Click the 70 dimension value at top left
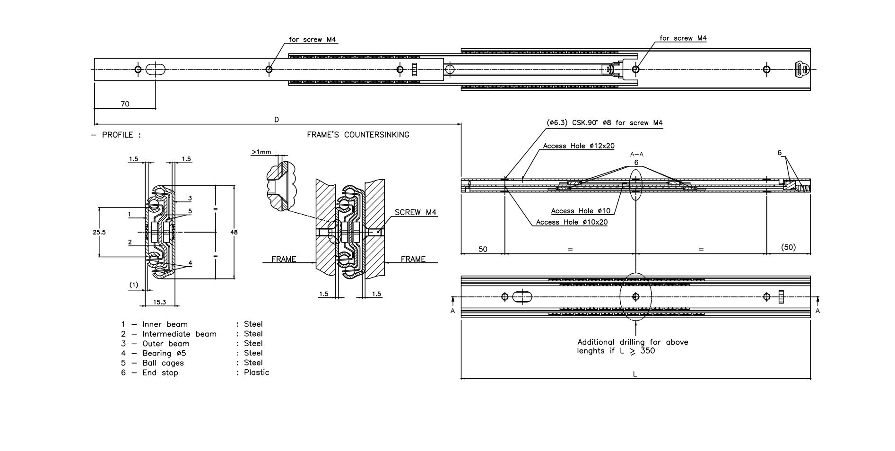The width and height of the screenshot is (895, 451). [125, 104]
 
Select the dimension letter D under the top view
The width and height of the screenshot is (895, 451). [277, 120]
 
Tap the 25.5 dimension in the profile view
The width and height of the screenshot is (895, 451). [99, 232]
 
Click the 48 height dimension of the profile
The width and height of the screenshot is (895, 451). [234, 232]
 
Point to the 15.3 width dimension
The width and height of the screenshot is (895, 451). [159, 302]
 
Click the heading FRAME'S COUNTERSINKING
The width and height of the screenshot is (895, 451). [358, 135]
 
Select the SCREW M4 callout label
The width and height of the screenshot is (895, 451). [415, 212]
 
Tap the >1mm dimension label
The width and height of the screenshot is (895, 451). [261, 152]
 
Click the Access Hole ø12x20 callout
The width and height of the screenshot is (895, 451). [578, 146]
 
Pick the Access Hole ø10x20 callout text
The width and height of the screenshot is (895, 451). [572, 222]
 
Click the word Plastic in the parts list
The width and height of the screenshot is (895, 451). [256, 373]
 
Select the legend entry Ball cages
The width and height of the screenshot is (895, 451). [163, 363]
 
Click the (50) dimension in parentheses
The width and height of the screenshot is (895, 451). [788, 247]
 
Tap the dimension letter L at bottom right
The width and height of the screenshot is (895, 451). [635, 374]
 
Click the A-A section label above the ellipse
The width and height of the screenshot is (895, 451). [636, 154]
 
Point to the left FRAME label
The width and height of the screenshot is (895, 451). [284, 259]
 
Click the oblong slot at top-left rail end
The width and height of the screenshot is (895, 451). [156, 69]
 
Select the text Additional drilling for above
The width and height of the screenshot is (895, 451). [633, 342]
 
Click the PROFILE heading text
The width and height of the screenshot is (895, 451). [118, 135]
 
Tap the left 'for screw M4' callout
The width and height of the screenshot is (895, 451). [313, 40]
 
